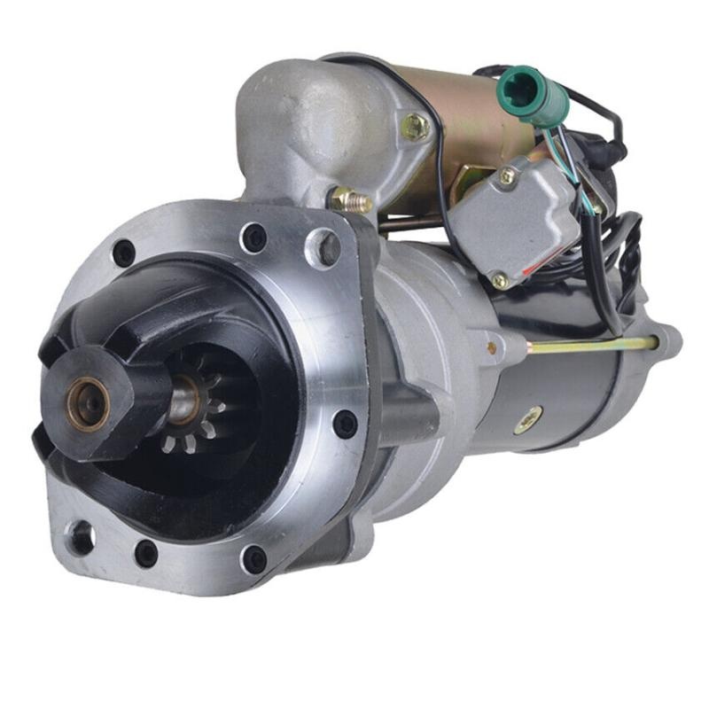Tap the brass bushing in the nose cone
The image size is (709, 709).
click(88, 404)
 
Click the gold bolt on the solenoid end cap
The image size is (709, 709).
click(414, 127)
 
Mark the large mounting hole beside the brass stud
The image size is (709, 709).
click(323, 247)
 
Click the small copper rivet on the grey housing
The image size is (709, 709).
click(491, 347)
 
